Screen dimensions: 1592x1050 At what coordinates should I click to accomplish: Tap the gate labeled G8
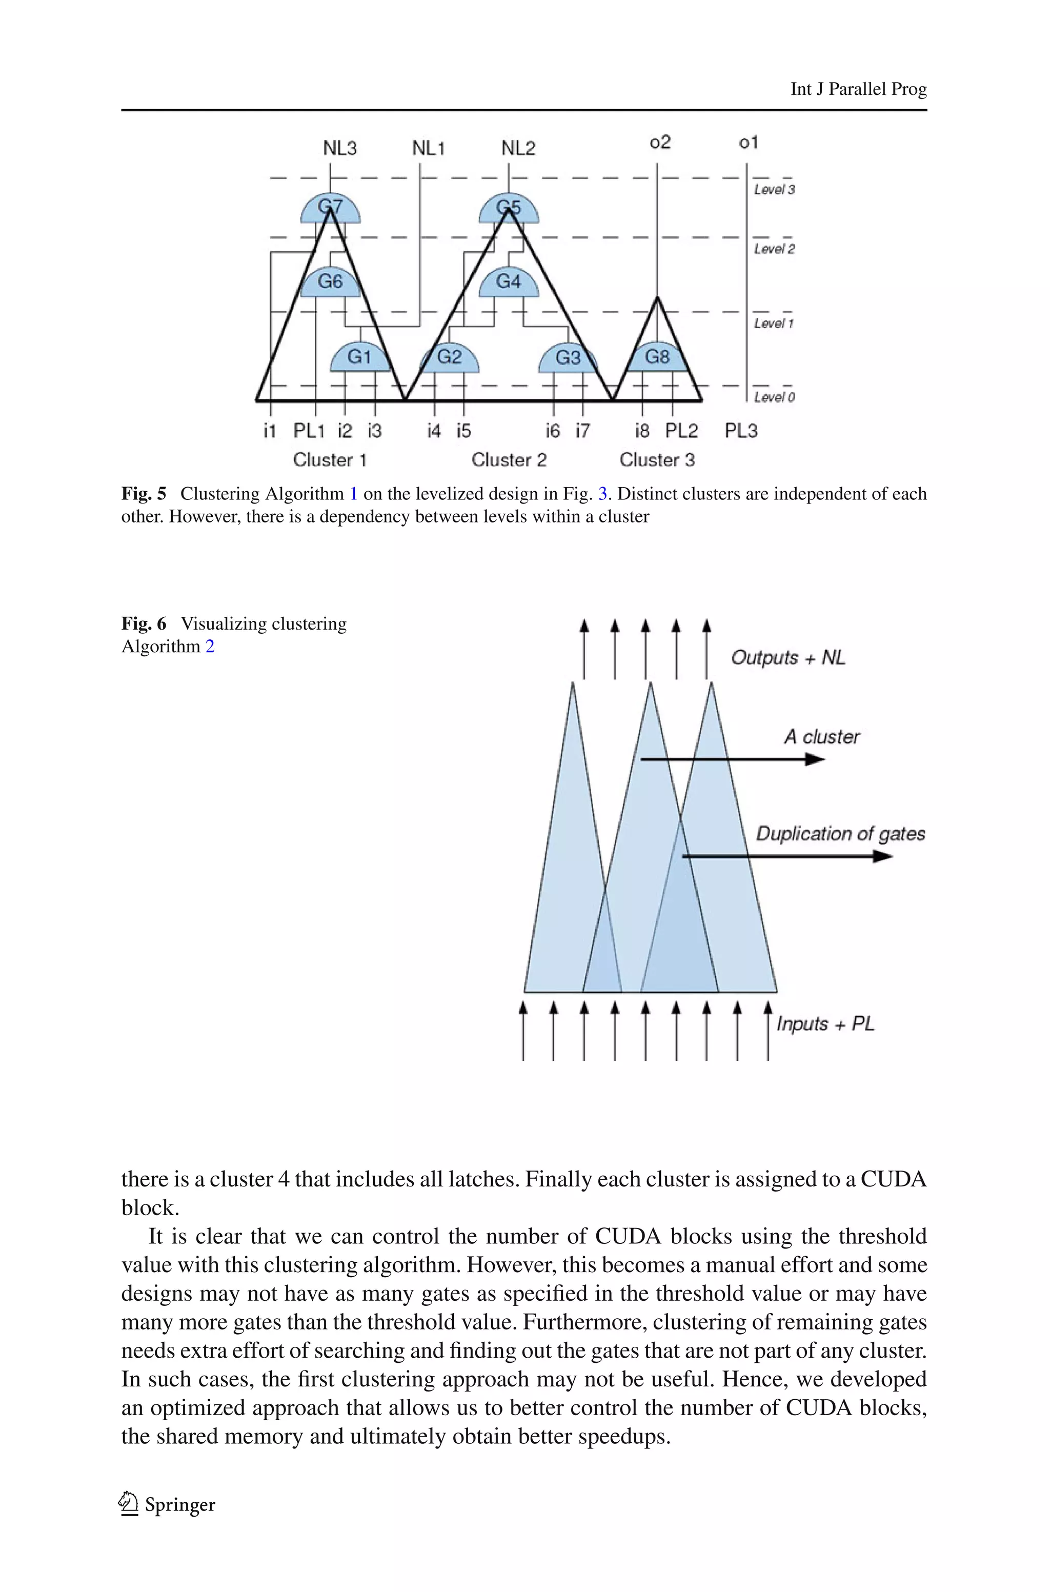click(657, 357)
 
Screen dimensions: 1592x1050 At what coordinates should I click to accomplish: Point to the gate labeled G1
click(359, 357)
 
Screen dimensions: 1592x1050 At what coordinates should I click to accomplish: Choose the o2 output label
click(660, 142)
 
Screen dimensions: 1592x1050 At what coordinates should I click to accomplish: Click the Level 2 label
click(774, 249)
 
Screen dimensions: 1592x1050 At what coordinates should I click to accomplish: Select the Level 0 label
click(774, 398)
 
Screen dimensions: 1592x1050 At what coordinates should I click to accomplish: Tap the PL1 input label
click(309, 431)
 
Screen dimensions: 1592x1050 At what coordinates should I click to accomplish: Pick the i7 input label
click(582, 431)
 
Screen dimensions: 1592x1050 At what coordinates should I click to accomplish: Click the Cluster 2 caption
click(509, 460)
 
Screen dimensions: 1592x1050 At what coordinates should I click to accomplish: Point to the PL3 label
click(741, 431)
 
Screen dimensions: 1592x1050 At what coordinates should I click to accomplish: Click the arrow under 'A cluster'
click(733, 759)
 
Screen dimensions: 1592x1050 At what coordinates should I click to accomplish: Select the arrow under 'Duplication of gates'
click(787, 856)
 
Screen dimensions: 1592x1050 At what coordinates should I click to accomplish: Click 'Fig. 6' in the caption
click(144, 624)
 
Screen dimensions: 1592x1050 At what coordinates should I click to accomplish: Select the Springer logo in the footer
click(128, 1504)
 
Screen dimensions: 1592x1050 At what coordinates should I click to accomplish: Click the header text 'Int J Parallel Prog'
click(858, 89)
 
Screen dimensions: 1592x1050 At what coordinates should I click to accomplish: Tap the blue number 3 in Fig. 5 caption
click(602, 494)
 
